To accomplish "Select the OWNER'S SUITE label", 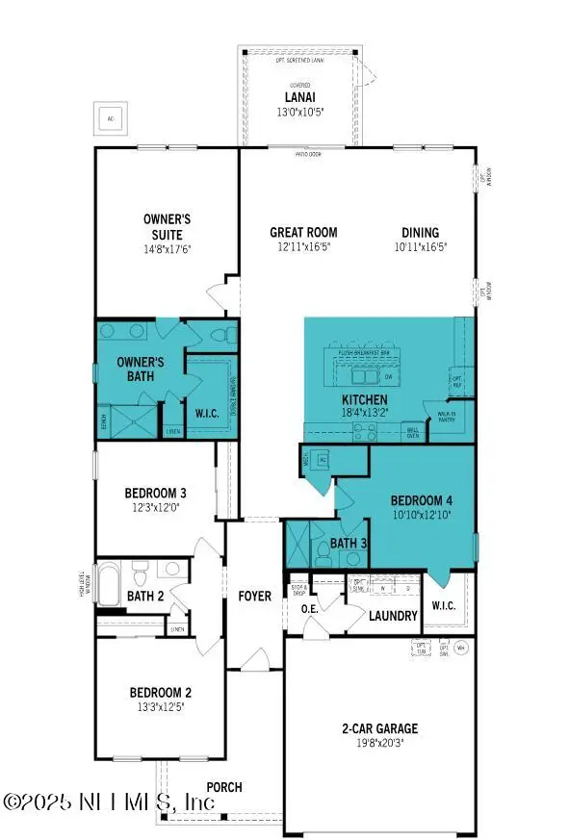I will click(x=163, y=227).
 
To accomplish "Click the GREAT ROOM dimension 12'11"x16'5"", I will click(x=303, y=246).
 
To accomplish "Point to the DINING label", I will click(x=420, y=232).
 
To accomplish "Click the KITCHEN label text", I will click(x=365, y=399).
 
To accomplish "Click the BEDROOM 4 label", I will click(x=421, y=500).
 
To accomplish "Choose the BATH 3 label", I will click(x=349, y=544).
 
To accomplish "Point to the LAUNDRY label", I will click(x=394, y=616).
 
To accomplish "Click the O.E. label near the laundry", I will click(x=310, y=608).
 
